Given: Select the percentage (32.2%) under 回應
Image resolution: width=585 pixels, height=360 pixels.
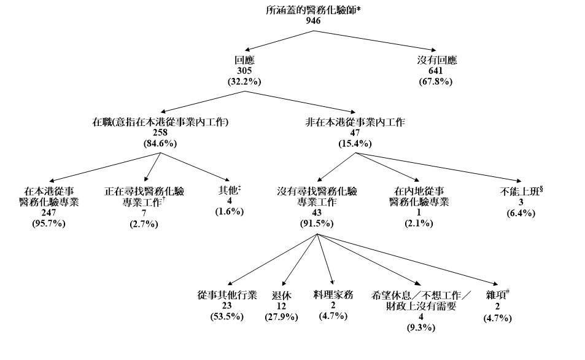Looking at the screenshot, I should click(x=244, y=81).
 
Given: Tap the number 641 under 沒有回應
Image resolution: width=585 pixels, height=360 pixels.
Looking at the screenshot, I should click(x=436, y=71).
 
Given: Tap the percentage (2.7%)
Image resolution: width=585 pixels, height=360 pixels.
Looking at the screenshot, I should click(x=144, y=224).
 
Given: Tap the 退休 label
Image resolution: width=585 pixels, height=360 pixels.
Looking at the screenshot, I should click(x=281, y=295).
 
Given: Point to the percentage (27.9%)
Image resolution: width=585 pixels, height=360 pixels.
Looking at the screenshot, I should click(x=281, y=317).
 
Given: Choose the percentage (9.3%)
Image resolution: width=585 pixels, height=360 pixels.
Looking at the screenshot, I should click(x=420, y=327).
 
